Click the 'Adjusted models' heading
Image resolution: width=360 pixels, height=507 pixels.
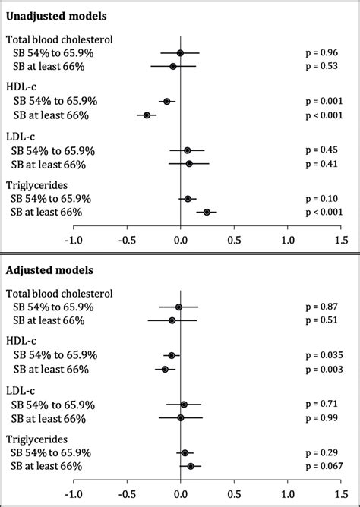[x=50, y=270]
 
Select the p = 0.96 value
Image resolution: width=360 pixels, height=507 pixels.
[x=322, y=53]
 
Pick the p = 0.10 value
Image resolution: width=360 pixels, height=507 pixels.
[x=322, y=199]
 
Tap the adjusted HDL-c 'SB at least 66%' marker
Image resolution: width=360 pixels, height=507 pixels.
[x=165, y=369]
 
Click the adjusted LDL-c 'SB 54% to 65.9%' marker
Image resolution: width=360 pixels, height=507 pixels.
[x=184, y=405]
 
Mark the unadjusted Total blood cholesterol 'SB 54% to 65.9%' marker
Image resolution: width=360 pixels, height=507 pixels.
[x=180, y=53]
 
